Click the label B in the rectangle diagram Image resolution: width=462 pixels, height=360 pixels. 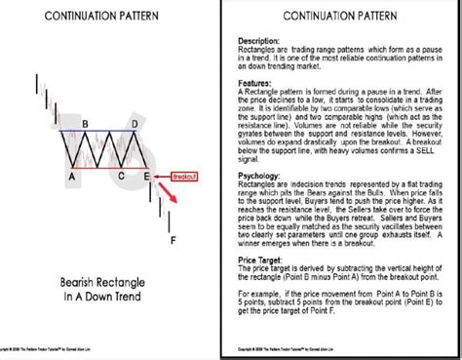(x=87, y=124)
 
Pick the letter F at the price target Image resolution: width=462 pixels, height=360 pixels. (x=173, y=240)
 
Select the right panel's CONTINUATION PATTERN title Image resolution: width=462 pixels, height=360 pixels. (x=345, y=17)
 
